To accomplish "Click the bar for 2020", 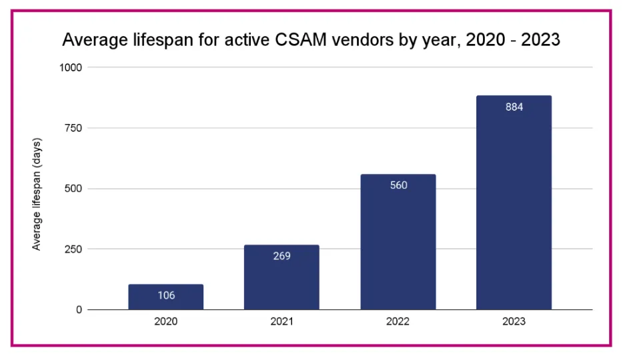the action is (x=165, y=297).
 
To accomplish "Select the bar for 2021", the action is (x=281, y=277).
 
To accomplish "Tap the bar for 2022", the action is (x=398, y=242).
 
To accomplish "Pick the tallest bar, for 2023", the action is (x=514, y=203).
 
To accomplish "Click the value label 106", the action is (x=166, y=295).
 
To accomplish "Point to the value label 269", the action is (x=281, y=256).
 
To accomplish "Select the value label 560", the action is (x=398, y=185).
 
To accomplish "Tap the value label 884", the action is (x=514, y=107).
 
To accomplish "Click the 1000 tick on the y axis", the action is (x=71, y=67).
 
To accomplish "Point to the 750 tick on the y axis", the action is (x=73, y=128).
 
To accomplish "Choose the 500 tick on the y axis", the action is (x=73, y=189).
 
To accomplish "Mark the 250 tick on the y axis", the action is (x=73, y=249).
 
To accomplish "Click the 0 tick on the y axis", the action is (x=79, y=309).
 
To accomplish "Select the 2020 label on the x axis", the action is (x=165, y=321).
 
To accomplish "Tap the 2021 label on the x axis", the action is (x=281, y=321).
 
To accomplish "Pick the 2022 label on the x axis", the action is (x=398, y=321).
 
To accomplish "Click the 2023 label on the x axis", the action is (x=514, y=321).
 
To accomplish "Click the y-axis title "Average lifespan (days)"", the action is (x=37, y=194).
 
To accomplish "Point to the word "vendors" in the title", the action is (x=363, y=40).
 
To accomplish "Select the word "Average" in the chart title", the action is (x=95, y=40).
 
